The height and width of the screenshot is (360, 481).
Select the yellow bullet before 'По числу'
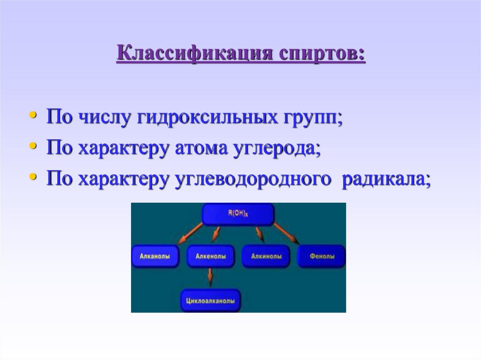(x=32, y=115)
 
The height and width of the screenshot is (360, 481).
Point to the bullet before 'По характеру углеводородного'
(x=32, y=177)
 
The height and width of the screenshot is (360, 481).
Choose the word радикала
(x=385, y=179)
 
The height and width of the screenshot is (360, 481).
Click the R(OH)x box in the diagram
(x=238, y=214)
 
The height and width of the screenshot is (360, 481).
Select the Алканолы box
(x=155, y=256)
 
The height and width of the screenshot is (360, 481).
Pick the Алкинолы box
(x=266, y=256)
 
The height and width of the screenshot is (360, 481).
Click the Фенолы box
(x=322, y=256)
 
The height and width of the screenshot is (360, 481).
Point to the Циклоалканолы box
(x=210, y=300)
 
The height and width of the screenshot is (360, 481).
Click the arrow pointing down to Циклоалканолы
(x=209, y=278)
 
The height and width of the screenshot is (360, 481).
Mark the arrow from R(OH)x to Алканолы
(x=190, y=233)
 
